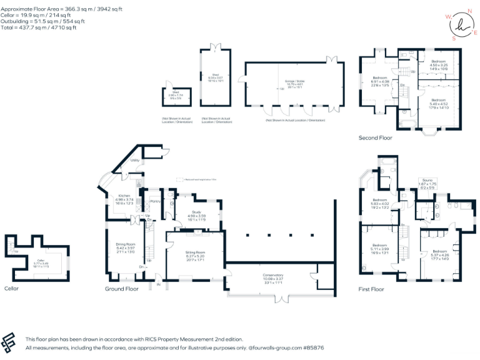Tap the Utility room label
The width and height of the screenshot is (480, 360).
134,161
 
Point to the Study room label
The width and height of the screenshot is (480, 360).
193,212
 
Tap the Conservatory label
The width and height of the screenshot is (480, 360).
272,279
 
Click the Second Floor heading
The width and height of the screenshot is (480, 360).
376,137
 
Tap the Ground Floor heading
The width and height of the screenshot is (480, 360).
122,289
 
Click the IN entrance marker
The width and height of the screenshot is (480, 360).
158,285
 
